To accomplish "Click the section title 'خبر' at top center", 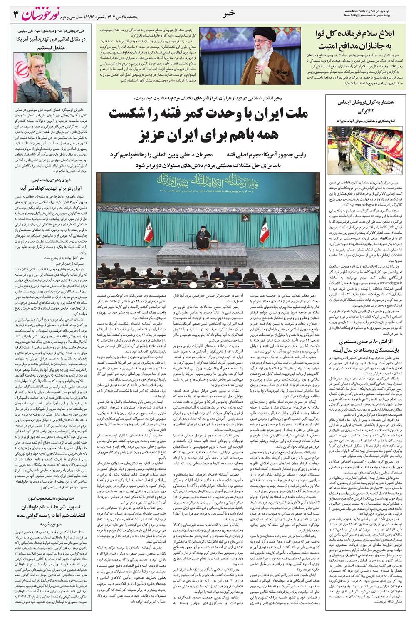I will tap(229, 13).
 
